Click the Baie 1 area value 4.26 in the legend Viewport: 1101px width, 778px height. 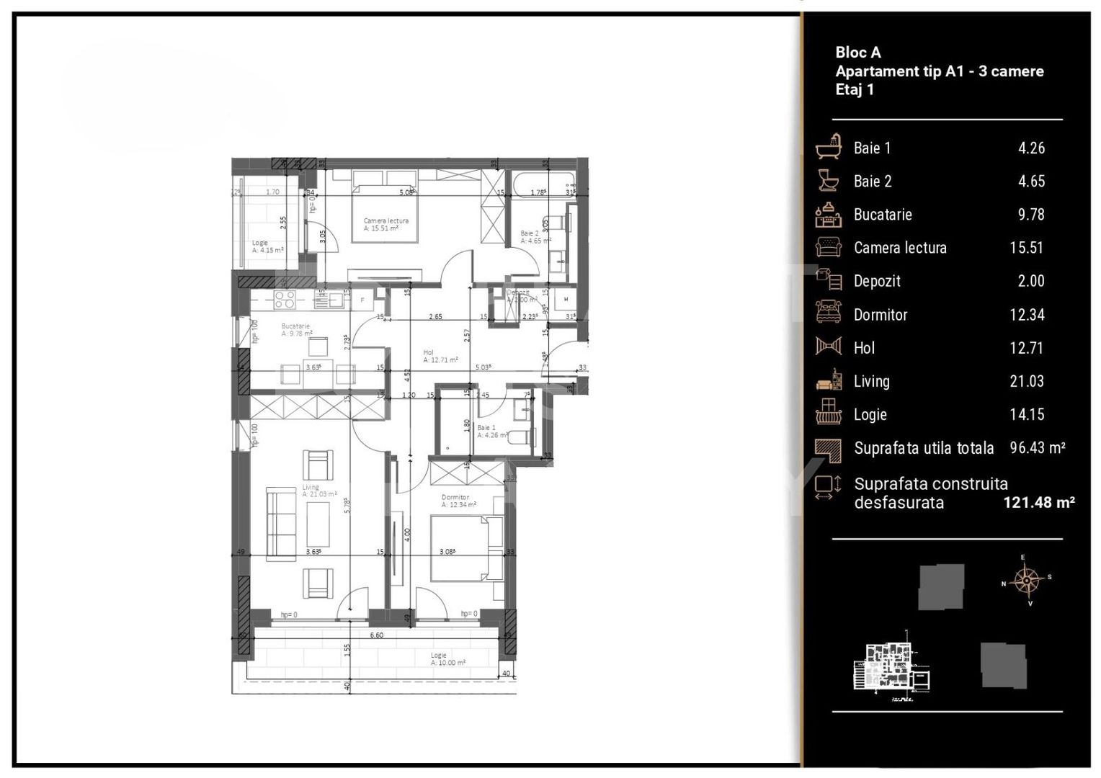pos(1031,148)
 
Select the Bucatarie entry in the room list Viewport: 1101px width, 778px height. pos(883,215)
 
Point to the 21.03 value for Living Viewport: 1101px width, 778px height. pos(1026,381)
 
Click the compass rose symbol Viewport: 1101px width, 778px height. pos(1026,580)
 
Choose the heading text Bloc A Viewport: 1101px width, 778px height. pos(857,52)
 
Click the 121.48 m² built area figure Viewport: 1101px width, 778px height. pos(1038,503)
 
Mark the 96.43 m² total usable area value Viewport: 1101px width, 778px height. pos(1037,448)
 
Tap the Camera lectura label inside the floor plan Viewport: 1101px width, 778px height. pos(385,221)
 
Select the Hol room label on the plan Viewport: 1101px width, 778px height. pos(429,353)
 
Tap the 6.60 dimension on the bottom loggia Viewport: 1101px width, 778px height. pos(376,635)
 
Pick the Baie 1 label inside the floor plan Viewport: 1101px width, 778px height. pos(486,428)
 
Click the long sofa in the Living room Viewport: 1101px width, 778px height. pos(281,524)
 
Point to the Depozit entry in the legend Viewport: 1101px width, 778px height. pos(877,282)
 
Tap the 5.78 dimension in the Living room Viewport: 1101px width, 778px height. pos(347,504)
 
